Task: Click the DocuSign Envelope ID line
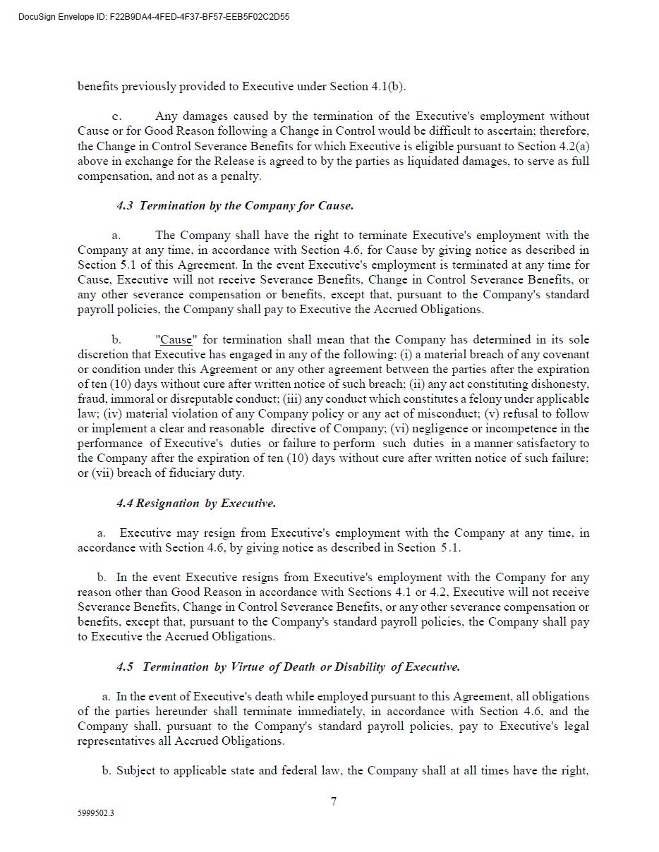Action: click(154, 17)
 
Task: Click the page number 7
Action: click(334, 801)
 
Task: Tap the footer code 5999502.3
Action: click(96, 813)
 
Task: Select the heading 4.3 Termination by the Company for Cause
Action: click(235, 206)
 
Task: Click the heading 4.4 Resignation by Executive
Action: click(196, 504)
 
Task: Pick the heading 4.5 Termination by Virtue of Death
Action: click(288, 667)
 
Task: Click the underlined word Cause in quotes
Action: click(176, 340)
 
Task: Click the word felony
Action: click(464, 399)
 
